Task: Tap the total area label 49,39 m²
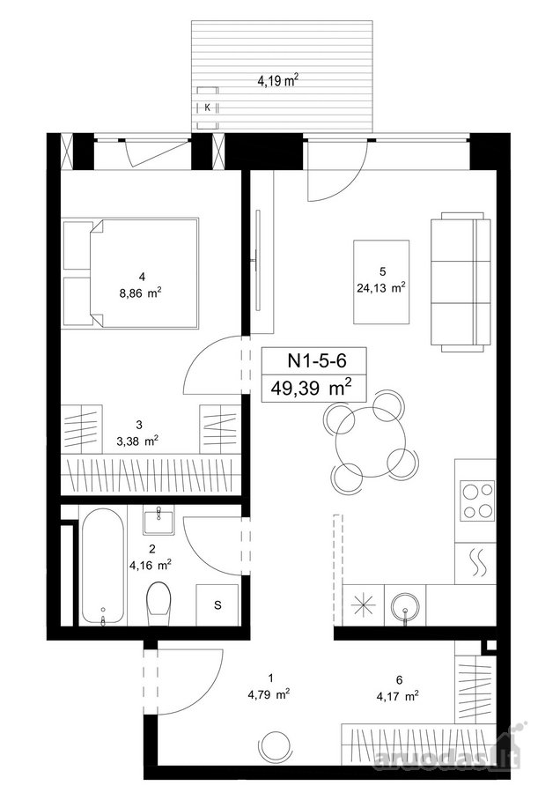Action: point(312,389)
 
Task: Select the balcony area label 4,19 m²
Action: point(278,80)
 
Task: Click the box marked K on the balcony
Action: point(207,107)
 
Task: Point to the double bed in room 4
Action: point(130,274)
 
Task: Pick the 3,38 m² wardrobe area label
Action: point(137,441)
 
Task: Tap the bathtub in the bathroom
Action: point(103,567)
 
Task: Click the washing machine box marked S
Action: point(217,604)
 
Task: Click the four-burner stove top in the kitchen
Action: point(476,501)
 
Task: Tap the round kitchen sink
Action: point(405,605)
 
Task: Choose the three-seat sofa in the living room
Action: point(461,282)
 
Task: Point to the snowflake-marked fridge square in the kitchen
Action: point(364,605)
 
